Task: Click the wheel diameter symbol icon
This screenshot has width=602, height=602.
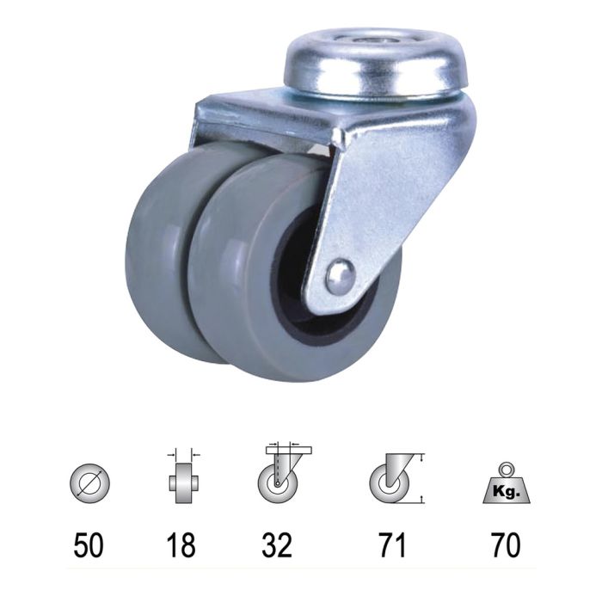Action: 89,480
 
